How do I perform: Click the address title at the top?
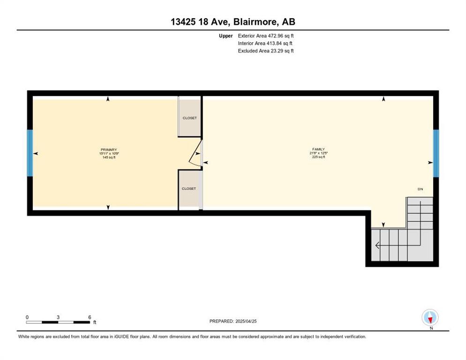click(x=233, y=22)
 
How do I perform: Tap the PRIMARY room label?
click(x=109, y=150)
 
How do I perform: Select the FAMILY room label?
click(x=318, y=149)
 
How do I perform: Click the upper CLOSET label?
click(x=189, y=118)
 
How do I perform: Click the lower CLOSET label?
click(x=189, y=188)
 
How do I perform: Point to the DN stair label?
click(x=420, y=189)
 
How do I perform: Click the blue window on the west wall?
click(x=30, y=153)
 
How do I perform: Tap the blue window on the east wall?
click(x=436, y=153)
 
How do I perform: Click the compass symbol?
click(x=430, y=317)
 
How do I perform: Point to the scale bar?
click(x=58, y=322)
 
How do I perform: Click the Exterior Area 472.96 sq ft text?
click(x=266, y=36)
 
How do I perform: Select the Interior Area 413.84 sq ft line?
click(x=265, y=43)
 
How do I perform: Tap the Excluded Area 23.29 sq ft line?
click(x=266, y=51)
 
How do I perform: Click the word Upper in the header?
click(x=226, y=36)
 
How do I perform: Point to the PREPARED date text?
click(x=233, y=321)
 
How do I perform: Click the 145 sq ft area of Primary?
click(x=109, y=157)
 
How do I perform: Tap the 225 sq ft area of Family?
click(x=318, y=157)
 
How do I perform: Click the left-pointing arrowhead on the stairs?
click(x=377, y=246)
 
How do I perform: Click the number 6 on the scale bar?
click(x=90, y=317)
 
